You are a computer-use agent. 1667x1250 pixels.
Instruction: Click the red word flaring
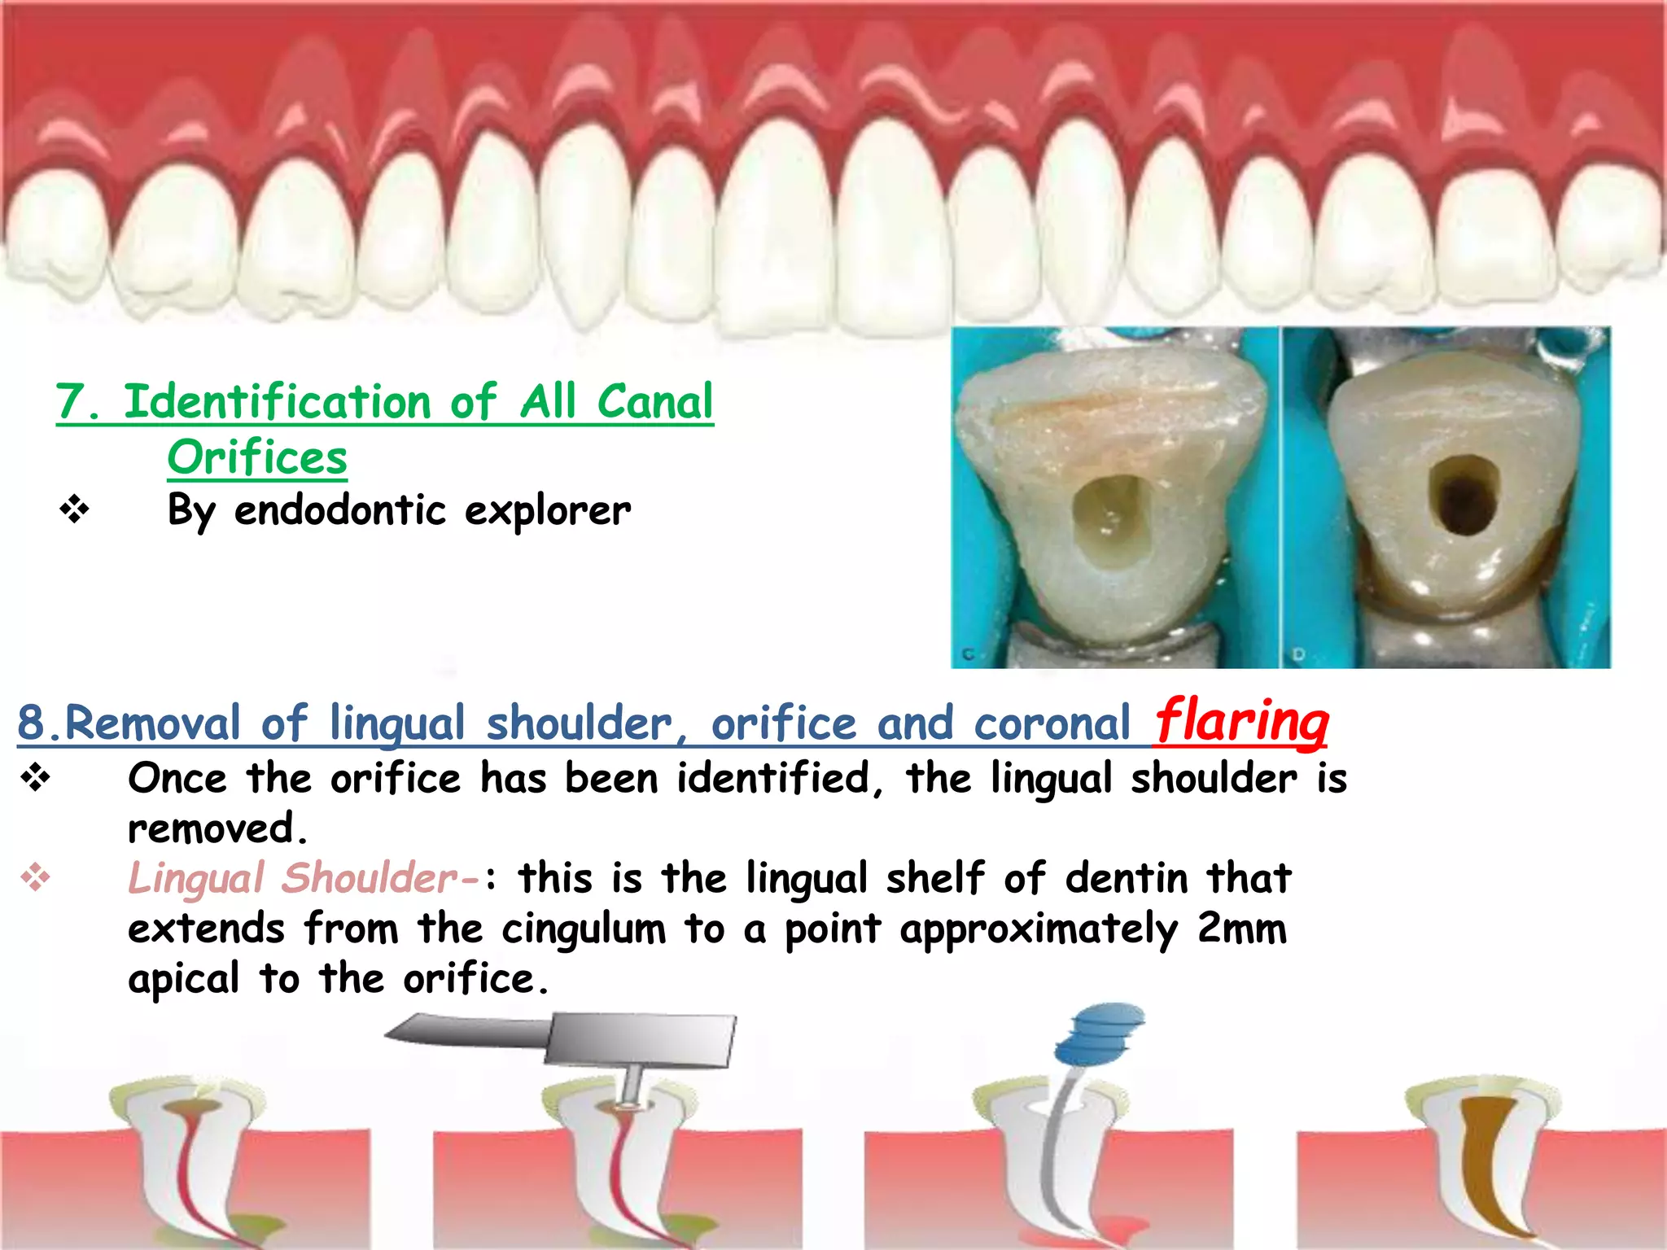pyautogui.click(x=1241, y=721)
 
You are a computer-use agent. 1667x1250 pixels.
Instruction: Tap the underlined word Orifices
pyautogui.click(x=257, y=457)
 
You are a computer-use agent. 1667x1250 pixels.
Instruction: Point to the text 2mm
pyautogui.click(x=1242, y=929)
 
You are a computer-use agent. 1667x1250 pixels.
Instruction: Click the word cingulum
pyautogui.click(x=583, y=929)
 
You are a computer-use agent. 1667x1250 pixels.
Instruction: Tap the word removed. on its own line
pyautogui.click(x=218, y=829)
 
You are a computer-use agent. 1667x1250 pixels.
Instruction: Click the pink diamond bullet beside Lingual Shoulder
pyautogui.click(x=35, y=877)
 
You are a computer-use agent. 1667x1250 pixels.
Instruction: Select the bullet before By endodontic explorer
pyautogui.click(x=74, y=510)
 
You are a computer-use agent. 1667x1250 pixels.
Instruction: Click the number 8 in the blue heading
pyautogui.click(x=30, y=723)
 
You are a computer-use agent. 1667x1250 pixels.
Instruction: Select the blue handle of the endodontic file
pyautogui.click(x=1099, y=1034)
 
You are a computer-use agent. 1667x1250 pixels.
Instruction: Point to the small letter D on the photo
pyautogui.click(x=1299, y=654)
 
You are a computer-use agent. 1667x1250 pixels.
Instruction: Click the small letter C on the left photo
pyautogui.click(x=969, y=654)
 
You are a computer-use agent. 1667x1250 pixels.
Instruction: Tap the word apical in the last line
pyautogui.click(x=183, y=979)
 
